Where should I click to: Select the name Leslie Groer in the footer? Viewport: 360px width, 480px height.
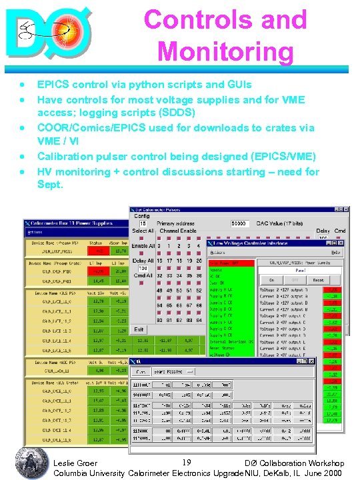point(74,463)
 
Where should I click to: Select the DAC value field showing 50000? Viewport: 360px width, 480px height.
point(239,224)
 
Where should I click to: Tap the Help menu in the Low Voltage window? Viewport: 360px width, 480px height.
point(337,253)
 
